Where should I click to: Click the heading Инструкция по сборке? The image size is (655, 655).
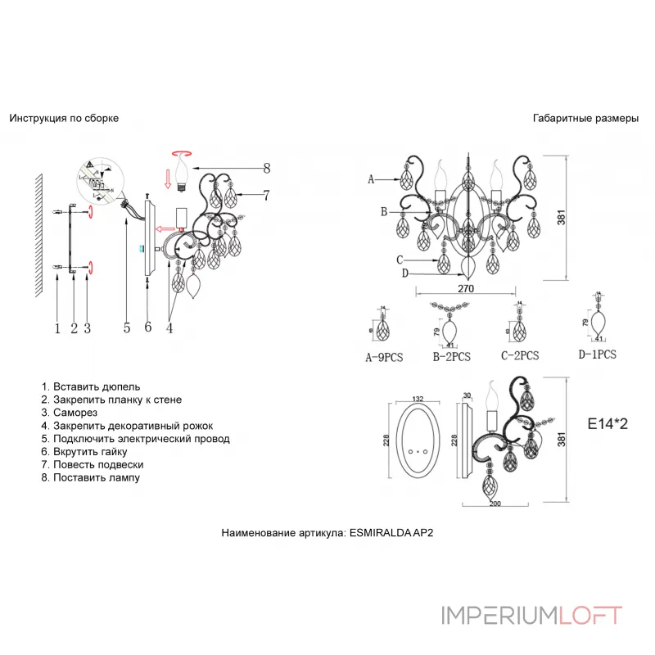coord(64,118)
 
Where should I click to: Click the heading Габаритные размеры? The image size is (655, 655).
coord(585,118)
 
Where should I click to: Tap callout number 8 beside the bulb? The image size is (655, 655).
coord(266,169)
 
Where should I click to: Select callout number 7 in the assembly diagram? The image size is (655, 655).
coord(266,195)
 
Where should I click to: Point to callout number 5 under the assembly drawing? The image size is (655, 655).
coord(127,328)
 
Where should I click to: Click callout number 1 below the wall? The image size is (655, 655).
coord(57,328)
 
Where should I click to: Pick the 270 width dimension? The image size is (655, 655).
coord(465,289)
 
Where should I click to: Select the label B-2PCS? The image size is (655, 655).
coord(450,357)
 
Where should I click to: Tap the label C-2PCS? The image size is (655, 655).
coord(520,356)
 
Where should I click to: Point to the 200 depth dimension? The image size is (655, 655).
coord(494,503)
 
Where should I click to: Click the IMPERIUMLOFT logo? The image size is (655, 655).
coord(531,615)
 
